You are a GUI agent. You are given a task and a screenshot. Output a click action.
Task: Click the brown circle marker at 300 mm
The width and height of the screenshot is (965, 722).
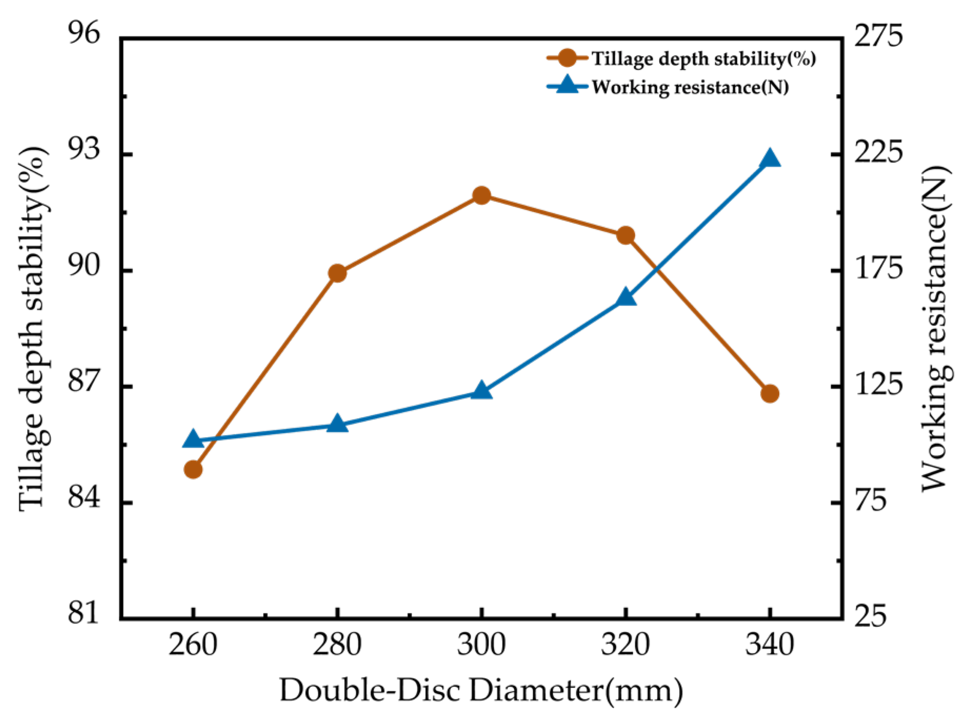pyautogui.click(x=481, y=196)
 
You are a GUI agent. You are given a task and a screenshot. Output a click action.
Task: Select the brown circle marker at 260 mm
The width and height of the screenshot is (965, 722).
pyautogui.click(x=193, y=469)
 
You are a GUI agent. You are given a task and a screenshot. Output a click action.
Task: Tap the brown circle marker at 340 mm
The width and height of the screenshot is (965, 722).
pyautogui.click(x=769, y=393)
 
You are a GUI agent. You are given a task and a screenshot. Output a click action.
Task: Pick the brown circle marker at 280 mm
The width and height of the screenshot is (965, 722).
pyautogui.click(x=337, y=273)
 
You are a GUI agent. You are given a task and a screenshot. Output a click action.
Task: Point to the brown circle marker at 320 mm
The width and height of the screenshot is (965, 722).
pyautogui.click(x=625, y=235)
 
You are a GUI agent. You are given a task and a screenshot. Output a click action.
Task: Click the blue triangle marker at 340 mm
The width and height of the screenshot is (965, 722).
pyautogui.click(x=769, y=159)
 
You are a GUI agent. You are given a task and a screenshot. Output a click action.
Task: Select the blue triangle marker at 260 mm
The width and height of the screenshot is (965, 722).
pyautogui.click(x=193, y=439)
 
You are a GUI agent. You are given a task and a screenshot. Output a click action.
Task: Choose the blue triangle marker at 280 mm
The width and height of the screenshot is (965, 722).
pyautogui.click(x=337, y=424)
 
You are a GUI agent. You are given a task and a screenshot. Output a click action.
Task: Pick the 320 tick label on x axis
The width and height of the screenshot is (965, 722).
pyautogui.click(x=625, y=645)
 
